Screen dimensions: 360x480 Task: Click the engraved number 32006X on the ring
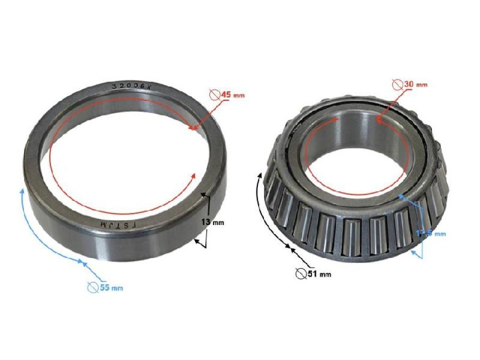click(130, 86)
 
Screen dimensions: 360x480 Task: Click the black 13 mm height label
click(215, 222)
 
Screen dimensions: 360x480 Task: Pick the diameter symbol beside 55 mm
click(92, 287)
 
